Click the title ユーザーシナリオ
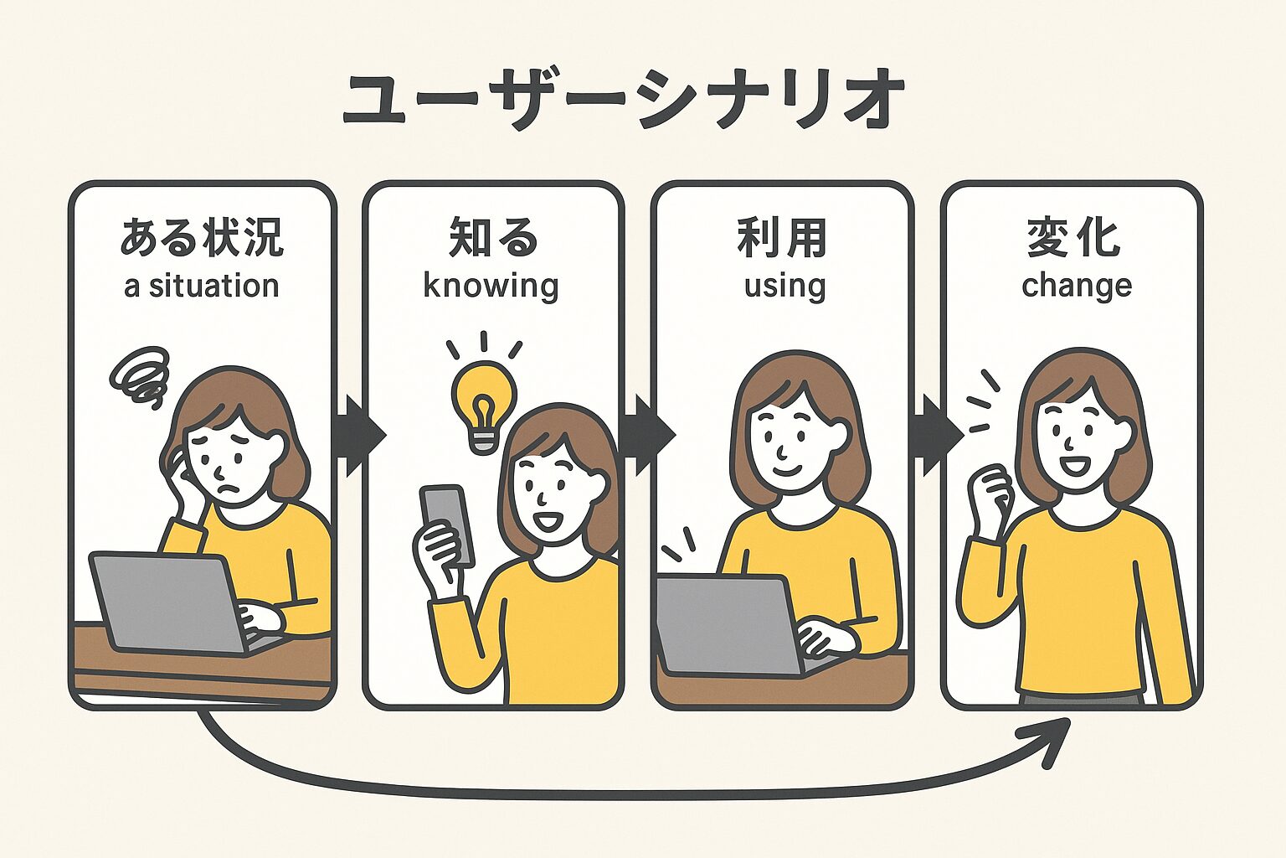(624, 101)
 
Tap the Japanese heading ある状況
(202, 237)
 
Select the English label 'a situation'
(202, 286)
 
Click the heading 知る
(492, 237)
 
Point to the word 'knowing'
(491, 286)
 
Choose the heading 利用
(782, 237)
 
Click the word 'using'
(784, 286)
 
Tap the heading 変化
(1073, 237)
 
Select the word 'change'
(1077, 286)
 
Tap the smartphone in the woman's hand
(446, 524)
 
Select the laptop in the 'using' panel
(728, 622)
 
